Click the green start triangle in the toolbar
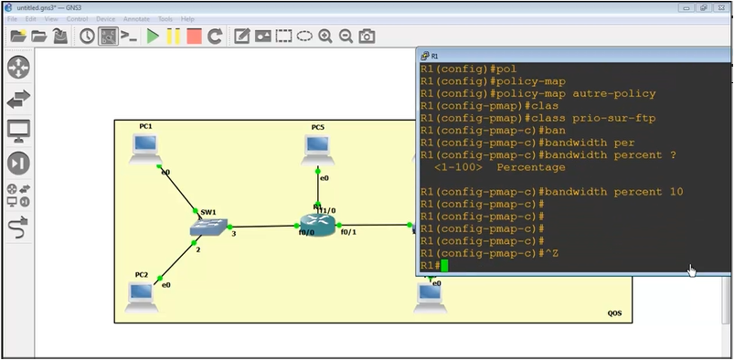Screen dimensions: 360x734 point(153,37)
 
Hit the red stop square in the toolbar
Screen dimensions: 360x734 point(194,37)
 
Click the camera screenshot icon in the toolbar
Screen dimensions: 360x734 point(367,37)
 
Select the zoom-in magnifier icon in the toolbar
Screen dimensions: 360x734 point(325,37)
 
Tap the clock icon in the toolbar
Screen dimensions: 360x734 point(87,37)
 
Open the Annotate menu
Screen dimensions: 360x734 point(135,18)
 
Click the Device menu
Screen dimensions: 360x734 point(106,18)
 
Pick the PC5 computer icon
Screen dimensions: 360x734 point(317,147)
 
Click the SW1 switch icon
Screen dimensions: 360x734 point(209,228)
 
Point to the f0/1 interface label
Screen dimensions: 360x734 point(348,232)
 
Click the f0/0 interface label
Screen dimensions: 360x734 point(306,233)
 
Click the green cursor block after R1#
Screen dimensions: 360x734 point(444,266)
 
